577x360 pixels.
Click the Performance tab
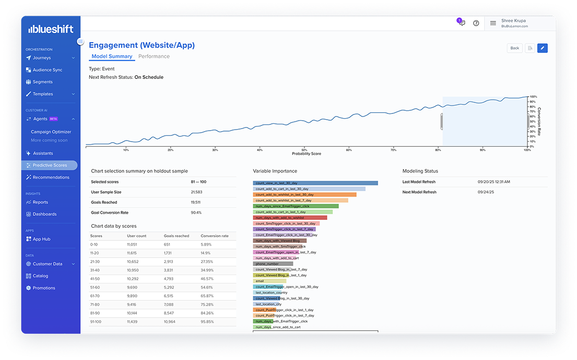pos(154,56)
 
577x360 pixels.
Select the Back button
pos(514,48)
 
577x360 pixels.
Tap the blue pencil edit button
pos(542,48)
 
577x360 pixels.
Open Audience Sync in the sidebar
pos(47,70)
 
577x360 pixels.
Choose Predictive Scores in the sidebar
pos(50,165)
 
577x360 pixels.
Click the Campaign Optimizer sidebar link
pos(51,132)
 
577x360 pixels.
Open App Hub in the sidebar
pos(41,239)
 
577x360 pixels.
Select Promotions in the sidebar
pos(44,288)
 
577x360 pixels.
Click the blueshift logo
pos(51,29)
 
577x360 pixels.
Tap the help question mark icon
pos(476,24)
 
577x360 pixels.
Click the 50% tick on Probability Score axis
pos(304,150)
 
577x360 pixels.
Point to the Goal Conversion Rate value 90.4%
pos(196,213)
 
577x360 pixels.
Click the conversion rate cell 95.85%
pos(207,322)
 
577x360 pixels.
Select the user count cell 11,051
pos(133,245)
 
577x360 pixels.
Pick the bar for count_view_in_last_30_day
pos(315,183)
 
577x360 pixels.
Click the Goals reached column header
pos(176,236)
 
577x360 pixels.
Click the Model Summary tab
pos(112,56)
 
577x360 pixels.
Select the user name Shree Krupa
pos(514,21)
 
